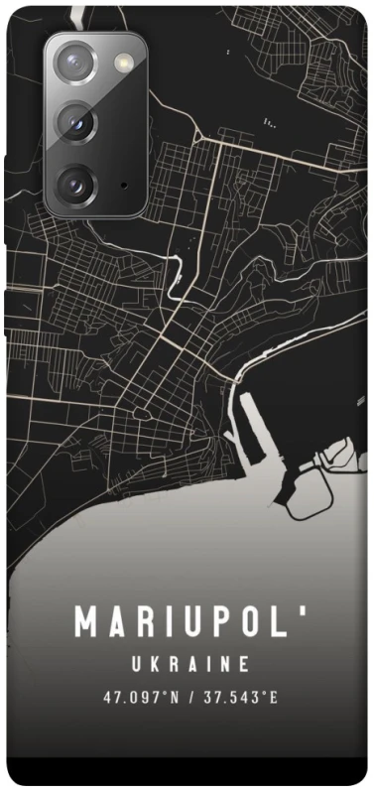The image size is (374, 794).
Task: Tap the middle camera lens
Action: tap(75, 123)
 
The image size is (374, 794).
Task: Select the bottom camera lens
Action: tap(75, 183)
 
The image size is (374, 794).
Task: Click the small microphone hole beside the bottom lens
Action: tap(122, 185)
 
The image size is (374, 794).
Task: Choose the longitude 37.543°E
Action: tap(239, 697)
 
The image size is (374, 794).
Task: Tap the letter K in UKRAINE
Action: tap(157, 663)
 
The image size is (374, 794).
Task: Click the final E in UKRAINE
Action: tap(245, 663)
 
